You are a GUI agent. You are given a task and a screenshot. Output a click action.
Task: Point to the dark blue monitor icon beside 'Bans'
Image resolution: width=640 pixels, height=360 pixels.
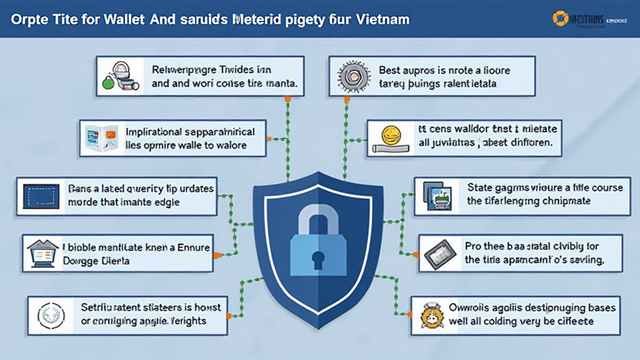[x=41, y=196]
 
